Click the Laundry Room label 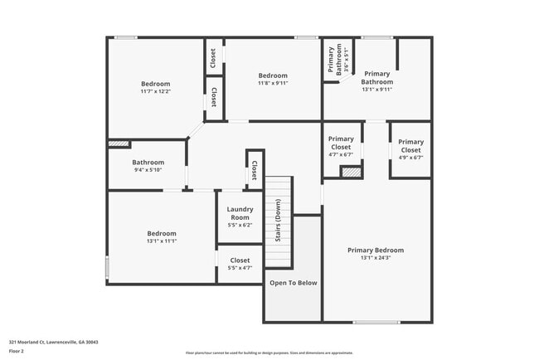pos(240,214)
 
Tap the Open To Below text pos(293,283)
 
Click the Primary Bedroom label pos(376,250)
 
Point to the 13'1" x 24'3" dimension pos(376,258)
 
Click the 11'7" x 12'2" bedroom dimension pos(155,91)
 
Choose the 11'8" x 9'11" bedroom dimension pos(273,83)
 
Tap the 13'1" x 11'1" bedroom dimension pos(162,241)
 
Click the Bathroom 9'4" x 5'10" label pos(148,166)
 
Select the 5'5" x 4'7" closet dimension pos(240,268)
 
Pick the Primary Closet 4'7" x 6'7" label pos(341,146)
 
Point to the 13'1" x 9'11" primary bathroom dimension pos(376,90)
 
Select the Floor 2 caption pos(17,351)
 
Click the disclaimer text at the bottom pos(269,352)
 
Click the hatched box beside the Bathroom pos(119,144)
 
